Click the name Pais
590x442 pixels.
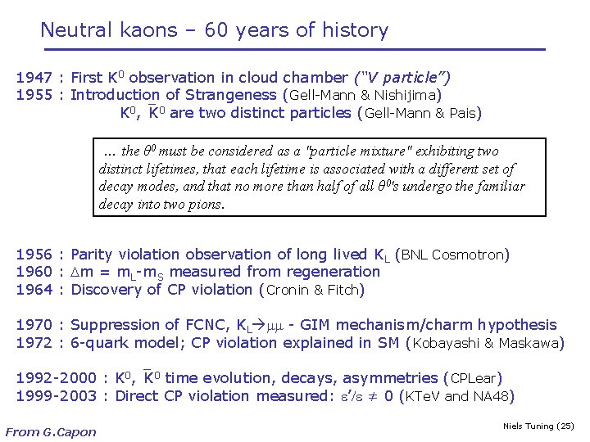pos(463,113)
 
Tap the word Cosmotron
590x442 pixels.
pos(469,255)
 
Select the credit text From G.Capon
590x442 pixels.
pos(51,431)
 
